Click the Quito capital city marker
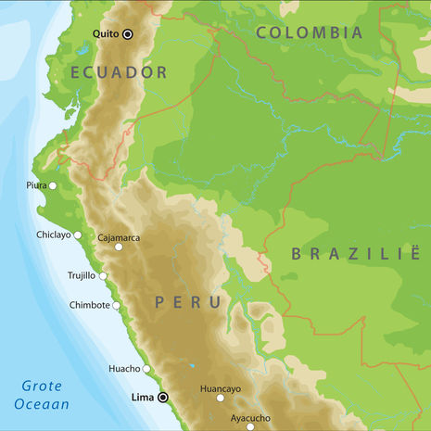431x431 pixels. (128, 34)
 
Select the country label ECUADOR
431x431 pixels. (118, 72)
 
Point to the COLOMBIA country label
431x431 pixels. (309, 32)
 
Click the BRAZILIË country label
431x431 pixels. (357, 254)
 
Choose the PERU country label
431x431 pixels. (188, 302)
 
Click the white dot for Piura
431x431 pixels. (53, 185)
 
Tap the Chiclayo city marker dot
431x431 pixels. (78, 235)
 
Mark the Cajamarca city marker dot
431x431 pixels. (119, 247)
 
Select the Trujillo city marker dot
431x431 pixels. (103, 275)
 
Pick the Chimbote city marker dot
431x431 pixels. (117, 305)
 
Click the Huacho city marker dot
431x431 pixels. (146, 368)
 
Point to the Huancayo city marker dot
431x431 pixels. (221, 399)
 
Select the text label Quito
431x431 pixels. (106, 34)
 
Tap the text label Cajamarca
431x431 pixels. (119, 237)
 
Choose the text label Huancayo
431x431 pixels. (221, 388)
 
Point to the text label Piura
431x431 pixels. (36, 185)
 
